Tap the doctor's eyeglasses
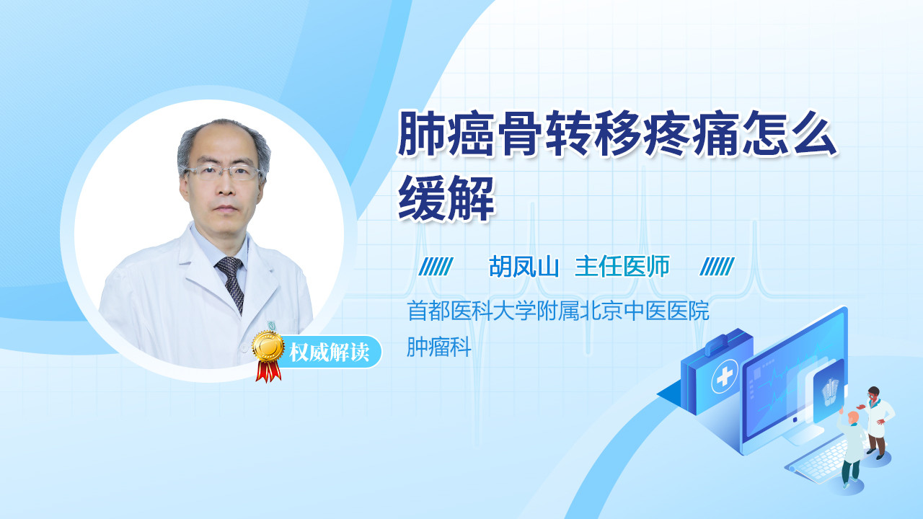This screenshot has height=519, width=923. coord(224,172)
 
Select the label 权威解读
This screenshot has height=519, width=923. coord(329,352)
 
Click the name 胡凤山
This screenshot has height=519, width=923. coord(524,267)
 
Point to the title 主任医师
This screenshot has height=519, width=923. coord(622,267)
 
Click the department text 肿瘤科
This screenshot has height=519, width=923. coord(439,347)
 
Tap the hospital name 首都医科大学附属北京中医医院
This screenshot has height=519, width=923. coord(558,311)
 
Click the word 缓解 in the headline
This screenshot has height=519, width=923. coord(446,198)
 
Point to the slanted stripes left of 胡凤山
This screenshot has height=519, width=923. coord(436,267)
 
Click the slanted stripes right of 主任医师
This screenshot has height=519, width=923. coord(717,267)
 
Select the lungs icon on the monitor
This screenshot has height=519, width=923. coord(830,391)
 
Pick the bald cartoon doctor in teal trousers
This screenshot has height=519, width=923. coord(851,449)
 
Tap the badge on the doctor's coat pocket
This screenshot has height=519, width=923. coord(273,325)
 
